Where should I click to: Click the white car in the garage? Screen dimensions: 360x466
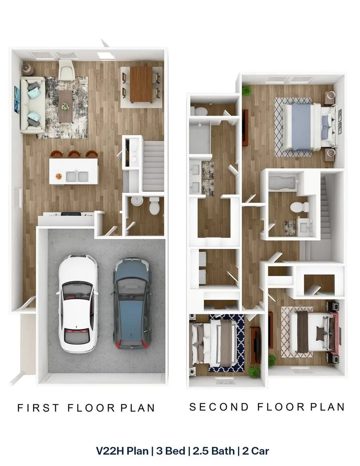tap(78, 303)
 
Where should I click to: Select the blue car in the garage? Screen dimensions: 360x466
tap(131, 304)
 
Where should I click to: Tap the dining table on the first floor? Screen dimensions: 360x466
tap(141, 85)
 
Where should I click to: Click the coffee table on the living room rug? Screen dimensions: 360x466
tap(66, 106)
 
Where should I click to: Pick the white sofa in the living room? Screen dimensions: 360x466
tap(33, 105)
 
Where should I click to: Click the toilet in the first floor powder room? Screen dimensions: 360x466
tap(154, 206)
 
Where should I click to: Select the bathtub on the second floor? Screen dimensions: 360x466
tap(282, 182)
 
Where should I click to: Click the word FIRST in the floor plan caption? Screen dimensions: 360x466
tap(38, 408)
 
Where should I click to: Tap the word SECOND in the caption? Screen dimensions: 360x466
tap(219, 407)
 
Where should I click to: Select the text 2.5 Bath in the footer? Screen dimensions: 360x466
tap(214, 451)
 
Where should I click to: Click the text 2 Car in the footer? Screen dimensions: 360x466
tap(256, 451)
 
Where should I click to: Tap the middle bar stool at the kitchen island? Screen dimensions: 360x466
tap(74, 154)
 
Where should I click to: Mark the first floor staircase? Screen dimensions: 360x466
tap(153, 166)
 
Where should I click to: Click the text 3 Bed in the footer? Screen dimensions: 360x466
tap(171, 451)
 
